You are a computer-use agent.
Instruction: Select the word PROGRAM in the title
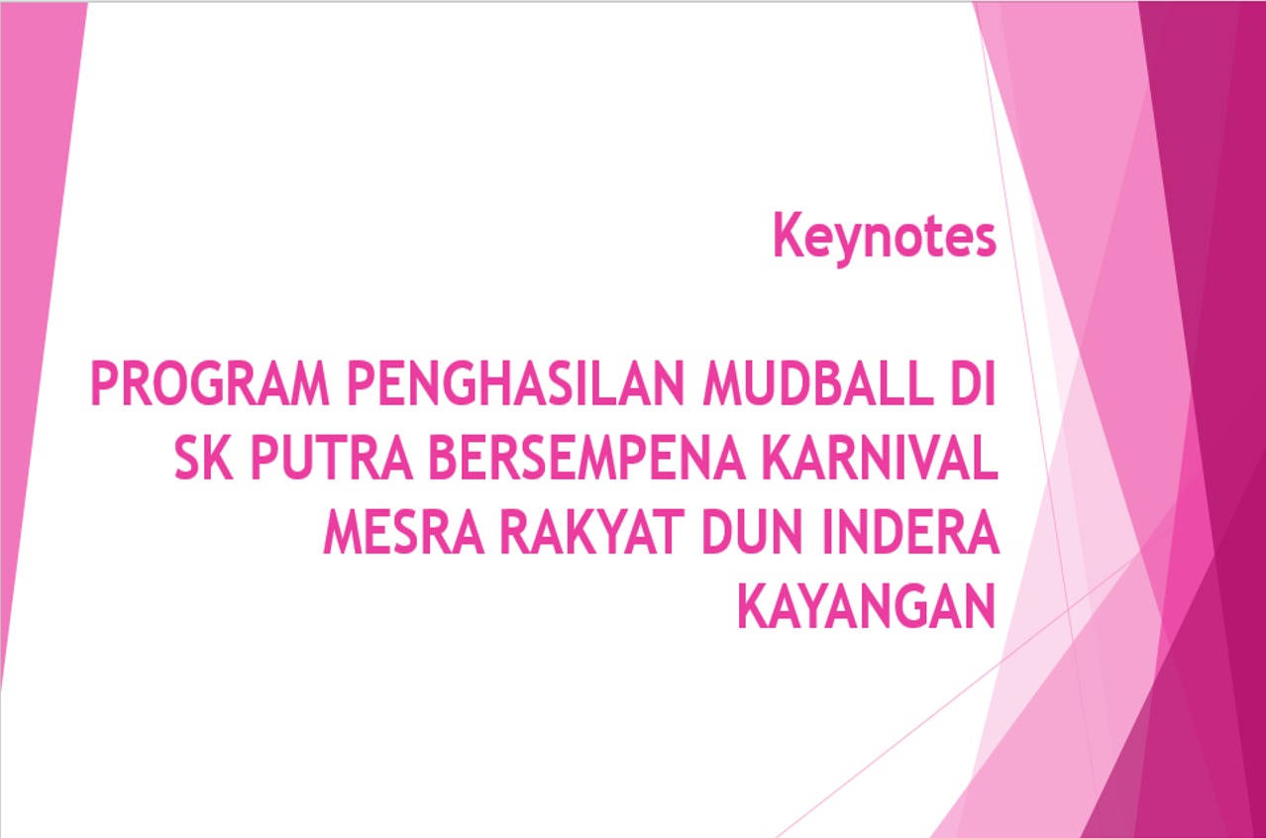[210, 383]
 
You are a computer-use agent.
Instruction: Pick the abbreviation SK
[203, 458]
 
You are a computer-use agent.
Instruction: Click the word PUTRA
[332, 458]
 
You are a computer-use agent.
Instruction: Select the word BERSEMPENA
[587, 458]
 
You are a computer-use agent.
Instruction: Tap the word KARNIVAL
[881, 458]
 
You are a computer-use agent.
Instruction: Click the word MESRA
[403, 531]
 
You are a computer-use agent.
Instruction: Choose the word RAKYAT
[592, 531]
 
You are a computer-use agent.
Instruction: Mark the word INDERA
[910, 531]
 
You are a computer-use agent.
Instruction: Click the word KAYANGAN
[867, 605]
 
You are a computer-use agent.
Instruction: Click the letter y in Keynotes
[852, 244]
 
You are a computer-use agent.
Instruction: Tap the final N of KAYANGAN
[980, 605]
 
